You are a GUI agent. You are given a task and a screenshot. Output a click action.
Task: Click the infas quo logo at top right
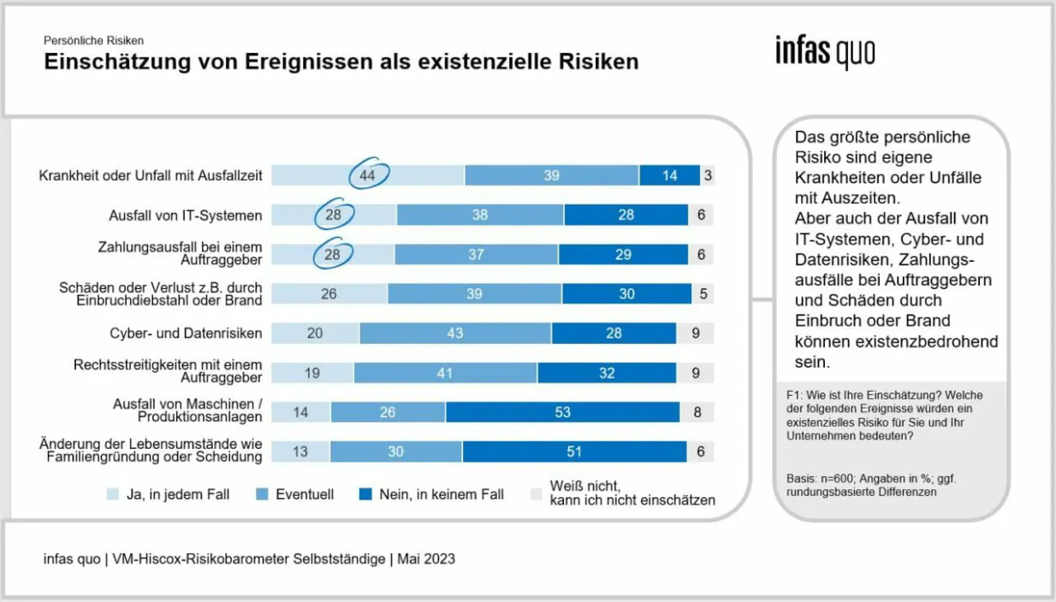825,52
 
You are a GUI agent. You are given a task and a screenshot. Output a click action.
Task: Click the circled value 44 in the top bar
368,174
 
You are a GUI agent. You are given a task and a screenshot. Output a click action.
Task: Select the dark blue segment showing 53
562,412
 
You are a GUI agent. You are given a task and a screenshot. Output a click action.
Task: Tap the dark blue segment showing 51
573,451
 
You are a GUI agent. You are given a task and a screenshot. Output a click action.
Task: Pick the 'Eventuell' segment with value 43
455,333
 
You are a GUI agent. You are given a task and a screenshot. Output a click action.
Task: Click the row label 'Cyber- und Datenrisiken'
186,333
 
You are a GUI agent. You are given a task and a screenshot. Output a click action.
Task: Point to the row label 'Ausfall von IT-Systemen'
185,215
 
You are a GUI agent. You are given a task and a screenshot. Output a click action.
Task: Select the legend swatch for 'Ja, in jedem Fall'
112,494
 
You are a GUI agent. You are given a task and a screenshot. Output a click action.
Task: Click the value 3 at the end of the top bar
708,175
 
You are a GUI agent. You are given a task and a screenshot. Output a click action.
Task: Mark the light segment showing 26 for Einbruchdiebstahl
329,293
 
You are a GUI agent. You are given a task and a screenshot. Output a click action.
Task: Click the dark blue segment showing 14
669,175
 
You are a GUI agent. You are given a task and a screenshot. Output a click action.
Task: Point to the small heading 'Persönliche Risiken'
94,40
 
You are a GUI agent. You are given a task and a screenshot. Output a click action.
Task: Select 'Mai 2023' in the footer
425,559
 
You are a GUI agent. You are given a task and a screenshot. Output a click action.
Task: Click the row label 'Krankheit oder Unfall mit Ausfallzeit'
151,175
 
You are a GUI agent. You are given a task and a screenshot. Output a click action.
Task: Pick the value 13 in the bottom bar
300,451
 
